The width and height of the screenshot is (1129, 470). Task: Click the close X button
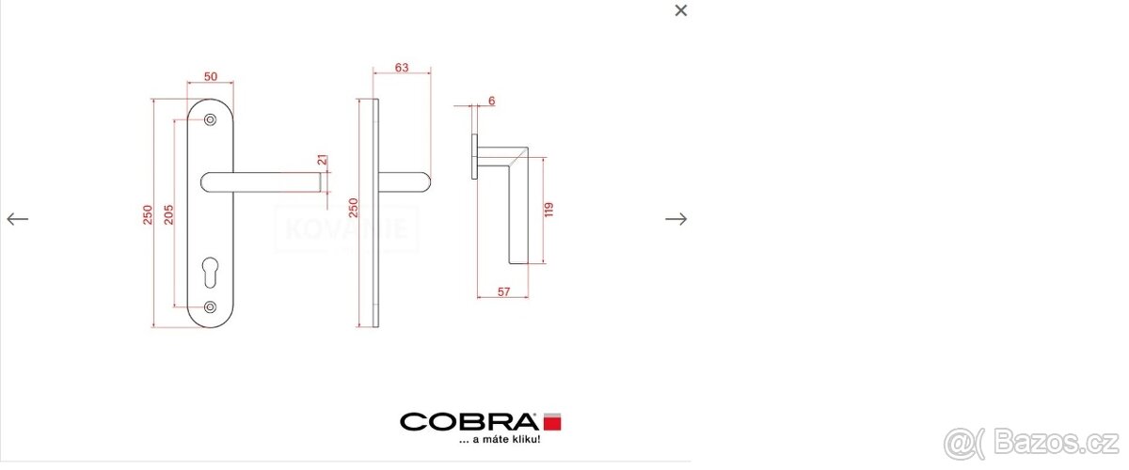pyautogui.click(x=681, y=10)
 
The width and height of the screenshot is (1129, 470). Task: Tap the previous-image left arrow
pyautogui.click(x=18, y=219)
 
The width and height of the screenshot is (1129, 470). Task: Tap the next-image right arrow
pyautogui.click(x=676, y=219)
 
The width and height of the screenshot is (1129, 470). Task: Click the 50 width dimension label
pyautogui.click(x=210, y=75)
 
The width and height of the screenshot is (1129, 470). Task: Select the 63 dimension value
pyautogui.click(x=402, y=67)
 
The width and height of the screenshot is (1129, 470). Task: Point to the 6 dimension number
pyautogui.click(x=491, y=101)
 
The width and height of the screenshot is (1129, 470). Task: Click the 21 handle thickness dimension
pyautogui.click(x=322, y=161)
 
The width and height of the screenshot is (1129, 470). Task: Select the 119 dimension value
pyautogui.click(x=549, y=209)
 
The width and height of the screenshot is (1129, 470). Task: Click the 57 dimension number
pyautogui.click(x=503, y=292)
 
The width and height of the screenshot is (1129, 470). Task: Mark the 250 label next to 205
pyautogui.click(x=147, y=215)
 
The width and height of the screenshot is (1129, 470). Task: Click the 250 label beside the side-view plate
pyautogui.click(x=354, y=209)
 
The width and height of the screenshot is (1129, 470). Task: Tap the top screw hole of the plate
pyautogui.click(x=210, y=119)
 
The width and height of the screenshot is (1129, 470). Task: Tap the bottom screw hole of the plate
pyautogui.click(x=210, y=306)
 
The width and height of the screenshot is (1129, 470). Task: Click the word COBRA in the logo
pyautogui.click(x=469, y=421)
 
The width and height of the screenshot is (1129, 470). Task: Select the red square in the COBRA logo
pyautogui.click(x=552, y=421)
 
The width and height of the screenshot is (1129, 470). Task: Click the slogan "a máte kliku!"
pyautogui.click(x=499, y=440)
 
